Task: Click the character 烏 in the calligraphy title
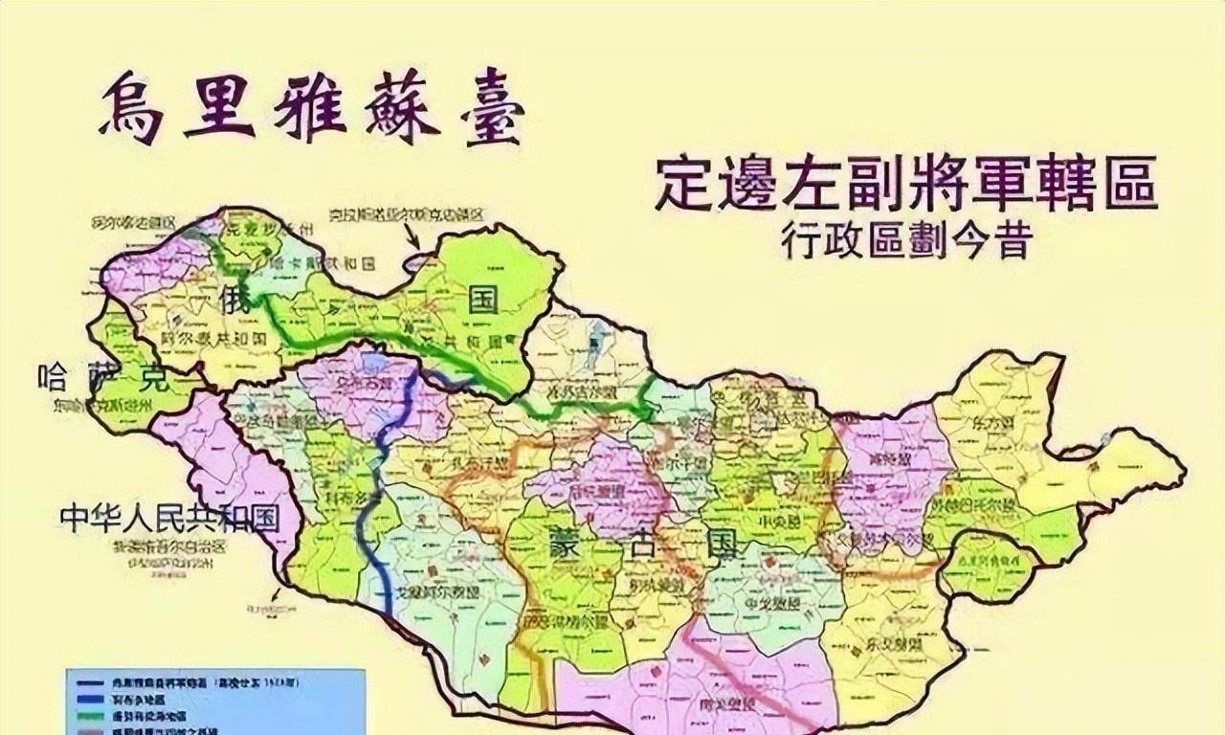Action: pos(130,107)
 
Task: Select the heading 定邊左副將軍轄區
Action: pos(905,184)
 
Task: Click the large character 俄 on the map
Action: pos(235,294)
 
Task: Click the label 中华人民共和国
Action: pos(169,519)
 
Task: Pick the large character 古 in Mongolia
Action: pos(649,546)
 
